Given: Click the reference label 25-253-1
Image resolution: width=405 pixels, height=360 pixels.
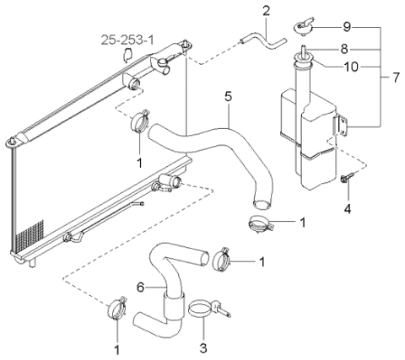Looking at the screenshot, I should [x=127, y=39].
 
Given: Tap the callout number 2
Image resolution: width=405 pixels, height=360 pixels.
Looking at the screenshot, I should [x=266, y=11].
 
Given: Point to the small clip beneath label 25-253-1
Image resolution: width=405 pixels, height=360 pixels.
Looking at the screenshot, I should [x=127, y=56].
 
